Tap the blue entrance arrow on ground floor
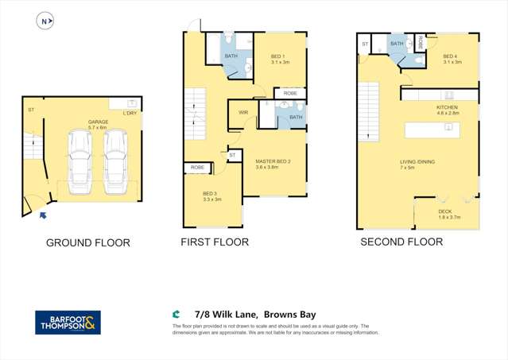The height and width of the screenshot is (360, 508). pos(42,214)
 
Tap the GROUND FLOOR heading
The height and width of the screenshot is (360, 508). pos(87,242)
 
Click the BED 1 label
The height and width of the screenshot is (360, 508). pos(279,56)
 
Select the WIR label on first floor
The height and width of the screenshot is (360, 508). pos(243,113)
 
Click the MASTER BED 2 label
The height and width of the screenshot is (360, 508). pos(273,162)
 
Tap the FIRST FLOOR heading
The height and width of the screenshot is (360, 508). pos(215,242)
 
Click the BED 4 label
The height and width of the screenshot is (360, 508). pos(450,57)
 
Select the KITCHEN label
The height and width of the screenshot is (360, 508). pos(448,107)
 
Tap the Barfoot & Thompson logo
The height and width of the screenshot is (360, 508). pos(68,322)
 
